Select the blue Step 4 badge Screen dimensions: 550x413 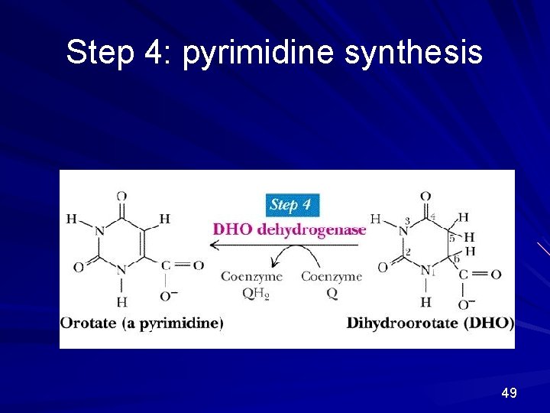coord(292,205)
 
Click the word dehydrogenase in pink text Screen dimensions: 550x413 coord(312,229)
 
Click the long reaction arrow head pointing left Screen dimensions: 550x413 coord(214,245)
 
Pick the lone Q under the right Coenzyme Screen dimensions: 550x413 coord(332,292)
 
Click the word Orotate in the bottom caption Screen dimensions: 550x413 coord(89,323)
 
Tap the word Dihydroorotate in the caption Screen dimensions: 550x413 coord(403,323)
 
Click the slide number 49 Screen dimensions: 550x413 coord(509,393)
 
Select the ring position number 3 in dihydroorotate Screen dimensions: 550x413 coord(407,221)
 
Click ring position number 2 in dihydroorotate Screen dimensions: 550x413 coord(408,251)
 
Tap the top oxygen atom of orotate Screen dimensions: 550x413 coord(121,197)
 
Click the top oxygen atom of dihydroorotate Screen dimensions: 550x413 coord(425,197)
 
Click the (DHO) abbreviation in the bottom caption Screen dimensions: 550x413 coord(489,323)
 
